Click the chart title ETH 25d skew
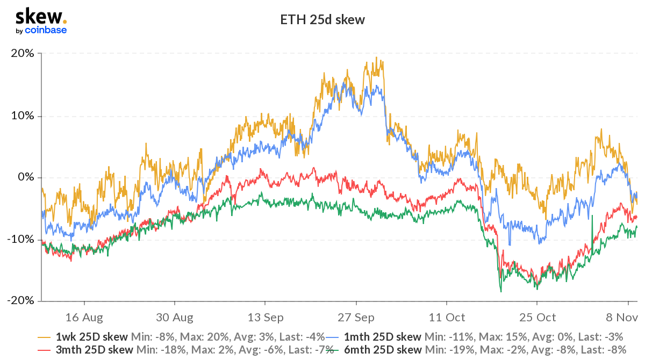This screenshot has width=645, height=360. coord(322,20)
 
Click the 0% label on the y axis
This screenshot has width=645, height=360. coord(26,178)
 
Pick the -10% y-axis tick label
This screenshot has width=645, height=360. coord(21,239)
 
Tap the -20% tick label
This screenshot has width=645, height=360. coord(21,301)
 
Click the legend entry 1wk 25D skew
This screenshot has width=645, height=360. coord(92,337)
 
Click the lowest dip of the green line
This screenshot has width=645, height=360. coord(501,291)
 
